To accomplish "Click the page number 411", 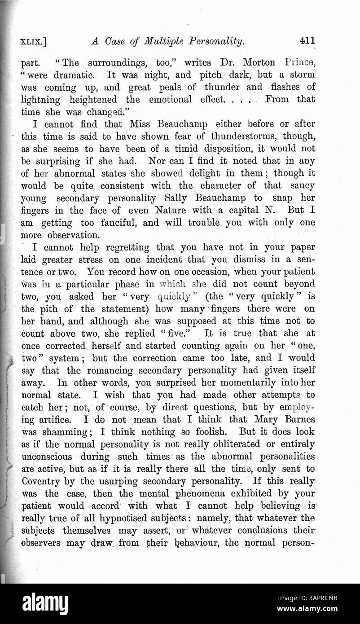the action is [x=307, y=41].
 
